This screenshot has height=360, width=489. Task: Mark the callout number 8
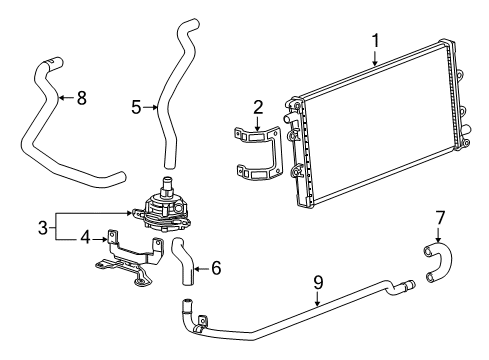[82, 97]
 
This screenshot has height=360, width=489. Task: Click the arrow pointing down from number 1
[375, 60]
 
